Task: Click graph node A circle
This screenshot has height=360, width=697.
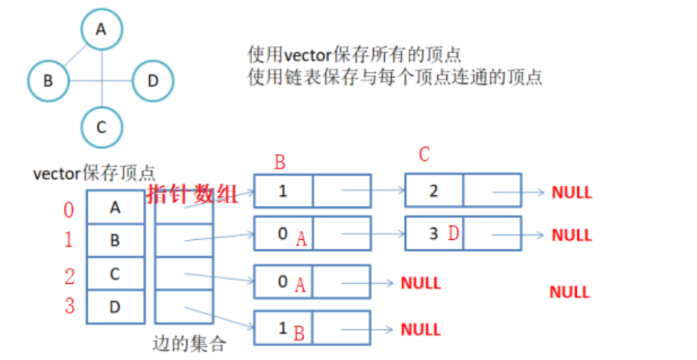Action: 102,30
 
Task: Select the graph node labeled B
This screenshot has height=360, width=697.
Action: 48,81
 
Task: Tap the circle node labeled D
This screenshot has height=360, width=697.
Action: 153,81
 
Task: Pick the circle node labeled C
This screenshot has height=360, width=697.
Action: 102,126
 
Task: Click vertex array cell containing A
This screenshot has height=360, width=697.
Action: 115,207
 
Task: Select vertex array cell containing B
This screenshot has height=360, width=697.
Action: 115,240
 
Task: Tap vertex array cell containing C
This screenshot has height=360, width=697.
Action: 115,274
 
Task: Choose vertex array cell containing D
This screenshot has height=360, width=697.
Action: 115,307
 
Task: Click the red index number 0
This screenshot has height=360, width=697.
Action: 69,210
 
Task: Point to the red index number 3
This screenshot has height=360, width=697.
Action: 69,306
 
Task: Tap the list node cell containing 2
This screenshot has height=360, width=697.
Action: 434,190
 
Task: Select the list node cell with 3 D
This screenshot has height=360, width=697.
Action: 434,234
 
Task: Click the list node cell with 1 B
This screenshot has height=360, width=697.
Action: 283,328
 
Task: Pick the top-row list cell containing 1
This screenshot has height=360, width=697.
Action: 283,190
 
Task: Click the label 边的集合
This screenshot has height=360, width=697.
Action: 189,344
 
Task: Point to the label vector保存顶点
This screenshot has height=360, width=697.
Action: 94,172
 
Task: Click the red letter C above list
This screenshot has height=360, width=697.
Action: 424,155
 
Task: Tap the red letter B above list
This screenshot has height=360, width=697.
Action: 280,163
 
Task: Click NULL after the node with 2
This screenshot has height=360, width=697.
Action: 571,192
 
